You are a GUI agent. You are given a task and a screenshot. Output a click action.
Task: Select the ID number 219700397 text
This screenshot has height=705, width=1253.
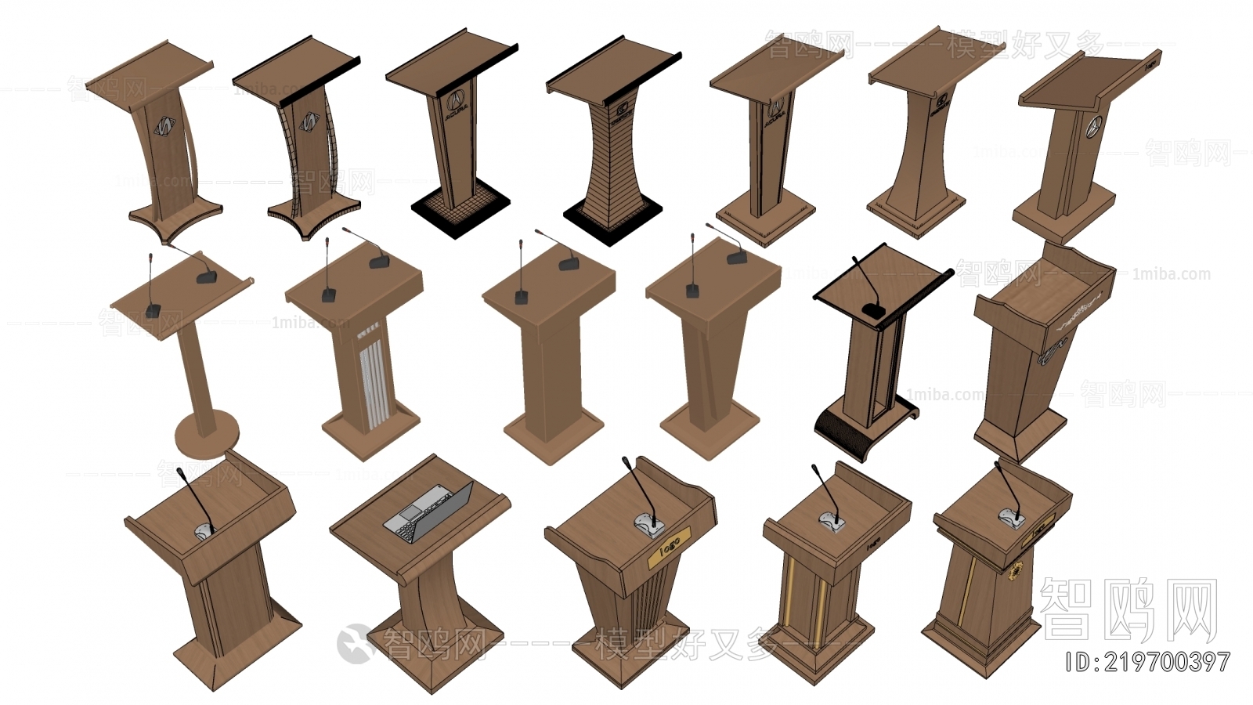coord(1148,662)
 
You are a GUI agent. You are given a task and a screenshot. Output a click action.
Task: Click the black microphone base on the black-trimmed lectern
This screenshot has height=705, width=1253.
coord(875,311)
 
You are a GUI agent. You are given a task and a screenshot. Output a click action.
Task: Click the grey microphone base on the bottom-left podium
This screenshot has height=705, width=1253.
coord(204,530)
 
